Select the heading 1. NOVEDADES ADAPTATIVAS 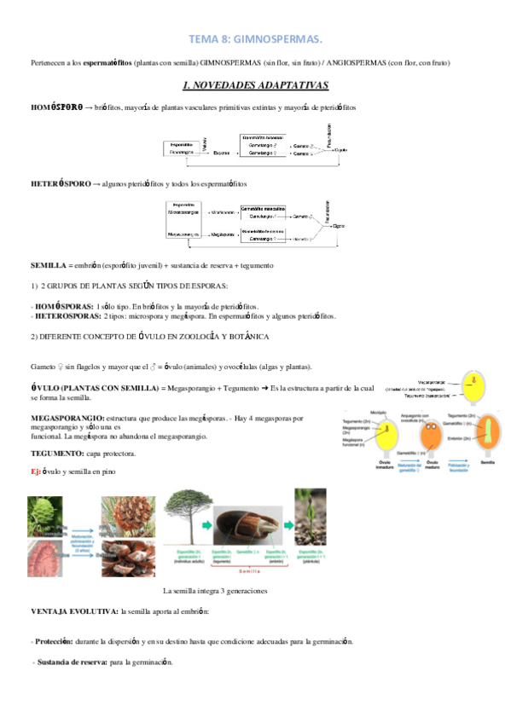tap(256, 86)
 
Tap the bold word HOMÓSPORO tap(55, 108)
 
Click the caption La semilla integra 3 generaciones tap(215, 591)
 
